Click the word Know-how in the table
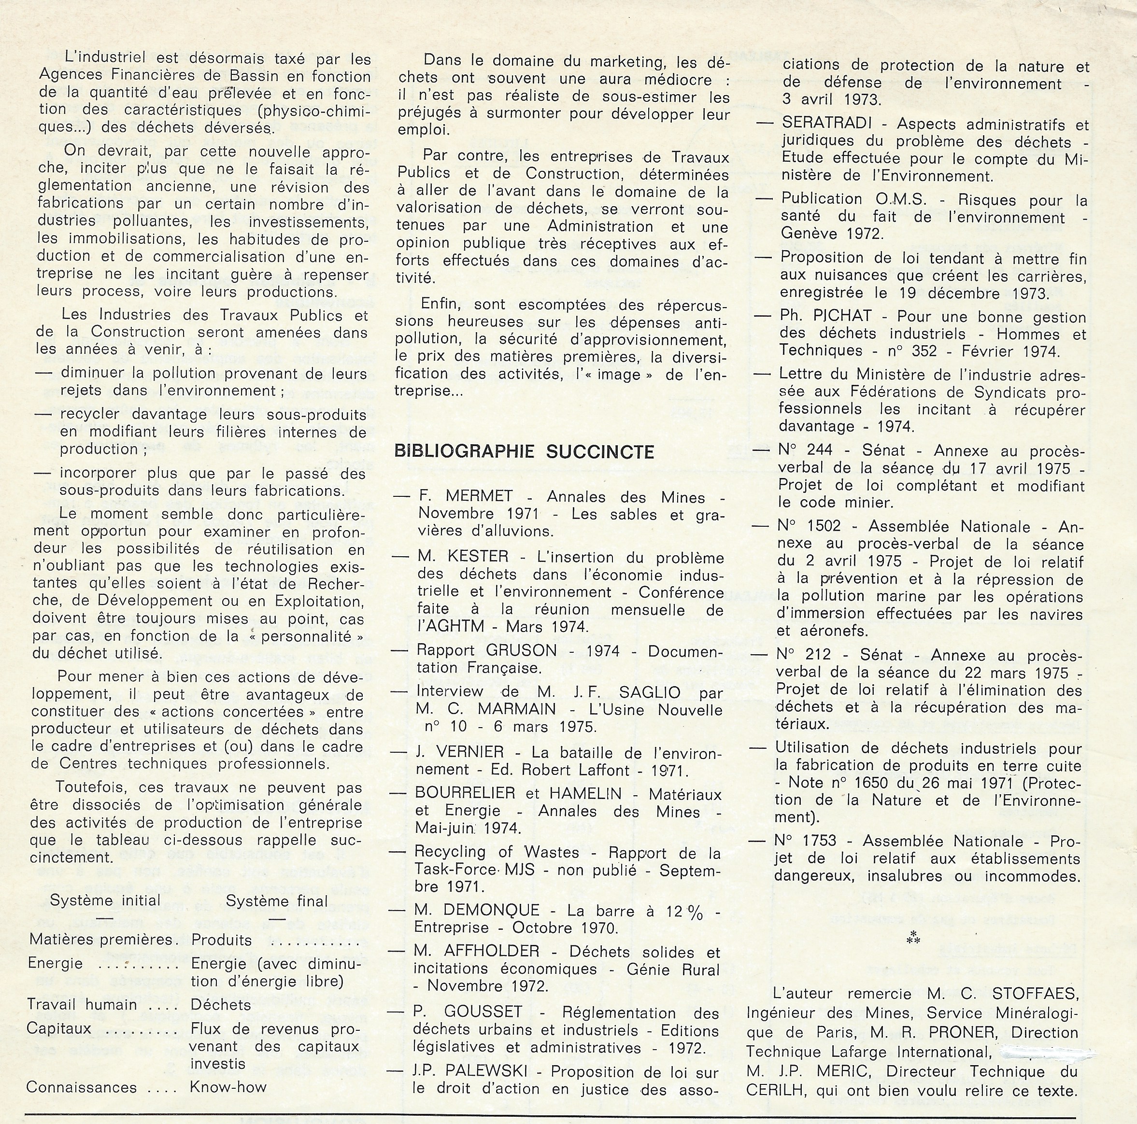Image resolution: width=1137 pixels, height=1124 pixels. [x=228, y=1087]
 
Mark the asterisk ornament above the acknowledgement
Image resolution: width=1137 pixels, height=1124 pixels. [x=914, y=938]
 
